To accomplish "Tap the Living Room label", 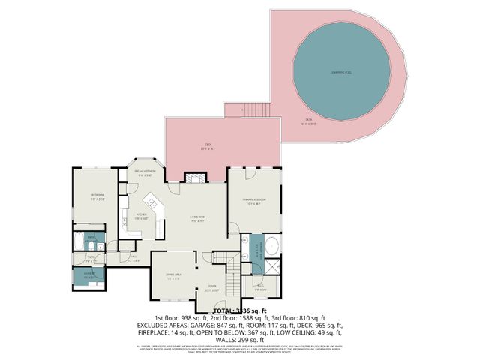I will pos(197,220).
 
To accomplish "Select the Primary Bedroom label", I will pos(256,201).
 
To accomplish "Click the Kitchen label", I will pos(140,217).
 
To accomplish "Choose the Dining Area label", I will pos(174,276).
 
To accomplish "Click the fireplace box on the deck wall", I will pos(196,178).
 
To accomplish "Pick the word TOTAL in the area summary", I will pos(224,310).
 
